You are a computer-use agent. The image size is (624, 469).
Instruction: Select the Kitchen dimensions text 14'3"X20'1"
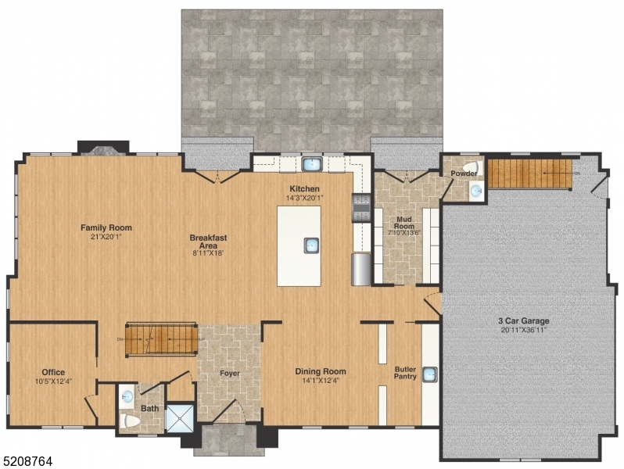coord(305,198)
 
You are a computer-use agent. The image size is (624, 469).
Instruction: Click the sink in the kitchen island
coord(311,245)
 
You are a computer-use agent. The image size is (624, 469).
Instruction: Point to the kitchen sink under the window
coord(312,164)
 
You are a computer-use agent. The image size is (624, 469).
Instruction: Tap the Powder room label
coord(464,174)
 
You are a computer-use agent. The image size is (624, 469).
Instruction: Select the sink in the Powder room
coord(476,190)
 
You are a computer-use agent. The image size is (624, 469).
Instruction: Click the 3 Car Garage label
coord(523,320)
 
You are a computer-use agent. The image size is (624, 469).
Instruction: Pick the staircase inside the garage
coord(529,172)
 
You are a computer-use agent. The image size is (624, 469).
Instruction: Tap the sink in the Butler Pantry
coord(429,374)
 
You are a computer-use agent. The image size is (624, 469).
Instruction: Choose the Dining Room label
coord(320,371)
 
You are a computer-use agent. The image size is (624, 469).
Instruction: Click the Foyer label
coord(230,374)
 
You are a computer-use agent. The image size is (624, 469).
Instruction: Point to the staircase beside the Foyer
coord(162,338)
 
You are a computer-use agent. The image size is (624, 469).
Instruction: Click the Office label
coord(53,372)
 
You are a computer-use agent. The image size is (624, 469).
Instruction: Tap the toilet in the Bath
coord(130,421)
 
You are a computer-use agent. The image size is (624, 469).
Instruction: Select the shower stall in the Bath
coord(179,418)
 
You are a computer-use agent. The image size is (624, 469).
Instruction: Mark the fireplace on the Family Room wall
coord(102,148)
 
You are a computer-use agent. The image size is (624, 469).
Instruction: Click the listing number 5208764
coord(28,461)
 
